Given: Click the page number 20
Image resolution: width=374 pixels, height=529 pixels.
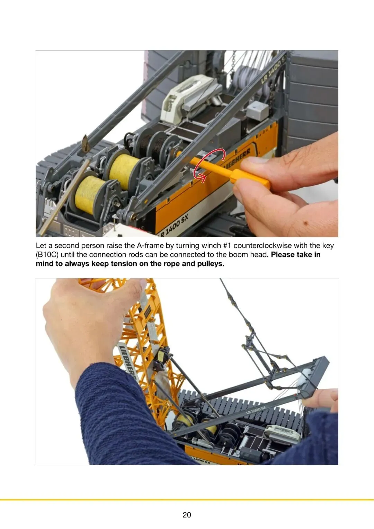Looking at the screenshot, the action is [187, 515].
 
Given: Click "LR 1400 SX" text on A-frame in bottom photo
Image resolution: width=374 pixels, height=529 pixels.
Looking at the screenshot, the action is [256, 410].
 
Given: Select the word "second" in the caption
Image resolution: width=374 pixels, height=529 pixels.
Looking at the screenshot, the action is [67, 246].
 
